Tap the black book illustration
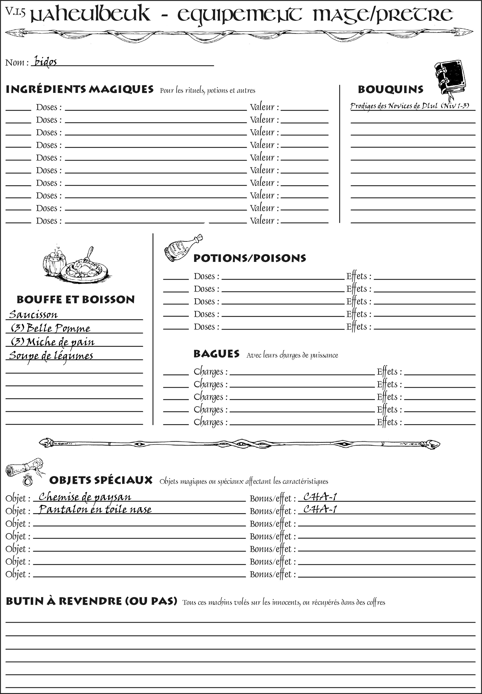click(x=450, y=77)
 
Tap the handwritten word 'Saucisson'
click(x=33, y=314)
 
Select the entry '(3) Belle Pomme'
click(x=51, y=328)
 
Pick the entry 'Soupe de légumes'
click(x=51, y=356)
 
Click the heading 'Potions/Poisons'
click(x=249, y=258)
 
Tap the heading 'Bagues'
click(x=216, y=354)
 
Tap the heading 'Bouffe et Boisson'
click(x=76, y=300)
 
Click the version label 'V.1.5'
click(x=15, y=11)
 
